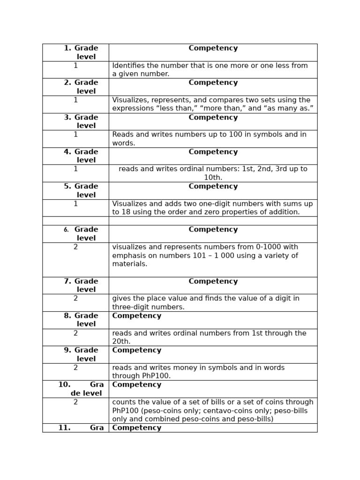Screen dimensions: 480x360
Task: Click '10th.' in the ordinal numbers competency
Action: tap(213, 178)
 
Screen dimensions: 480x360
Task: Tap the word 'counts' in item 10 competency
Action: tap(123, 402)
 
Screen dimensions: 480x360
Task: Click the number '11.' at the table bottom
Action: tap(64, 427)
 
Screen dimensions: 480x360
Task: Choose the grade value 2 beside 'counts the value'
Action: tap(75, 402)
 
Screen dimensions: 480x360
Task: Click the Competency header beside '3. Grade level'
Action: tap(213, 117)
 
